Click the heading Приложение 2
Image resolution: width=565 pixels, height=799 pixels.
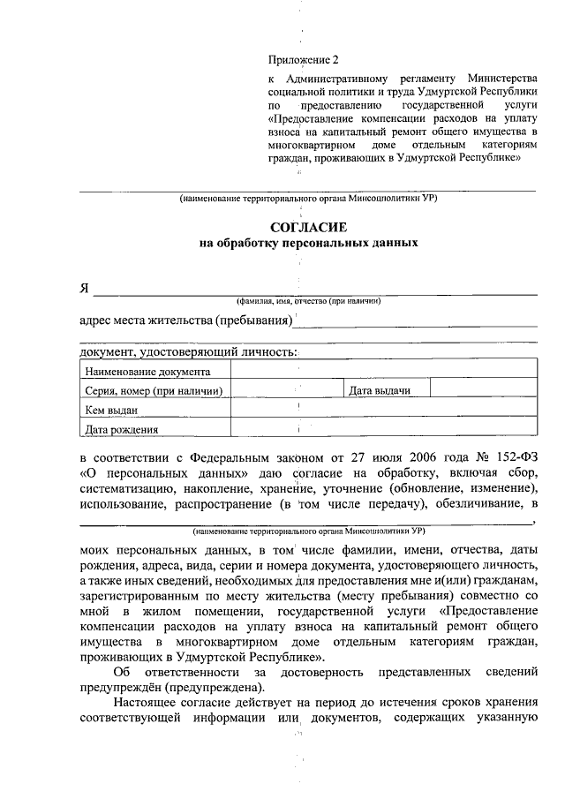click(303, 60)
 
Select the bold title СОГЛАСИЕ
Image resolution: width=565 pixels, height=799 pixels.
click(308, 226)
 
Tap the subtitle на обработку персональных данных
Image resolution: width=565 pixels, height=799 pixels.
click(308, 242)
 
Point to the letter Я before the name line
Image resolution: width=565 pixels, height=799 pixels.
click(85, 288)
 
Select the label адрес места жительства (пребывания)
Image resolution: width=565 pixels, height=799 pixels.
click(185, 319)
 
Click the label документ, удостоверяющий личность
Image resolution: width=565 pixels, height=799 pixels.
click(188, 352)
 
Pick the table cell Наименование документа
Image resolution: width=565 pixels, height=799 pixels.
click(147, 372)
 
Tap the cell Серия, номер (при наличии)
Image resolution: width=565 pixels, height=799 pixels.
click(153, 391)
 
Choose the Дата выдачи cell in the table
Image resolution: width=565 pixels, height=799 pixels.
click(378, 390)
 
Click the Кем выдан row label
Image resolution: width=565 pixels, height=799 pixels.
click(111, 411)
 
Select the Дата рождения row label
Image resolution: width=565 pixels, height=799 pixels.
click(122, 431)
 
